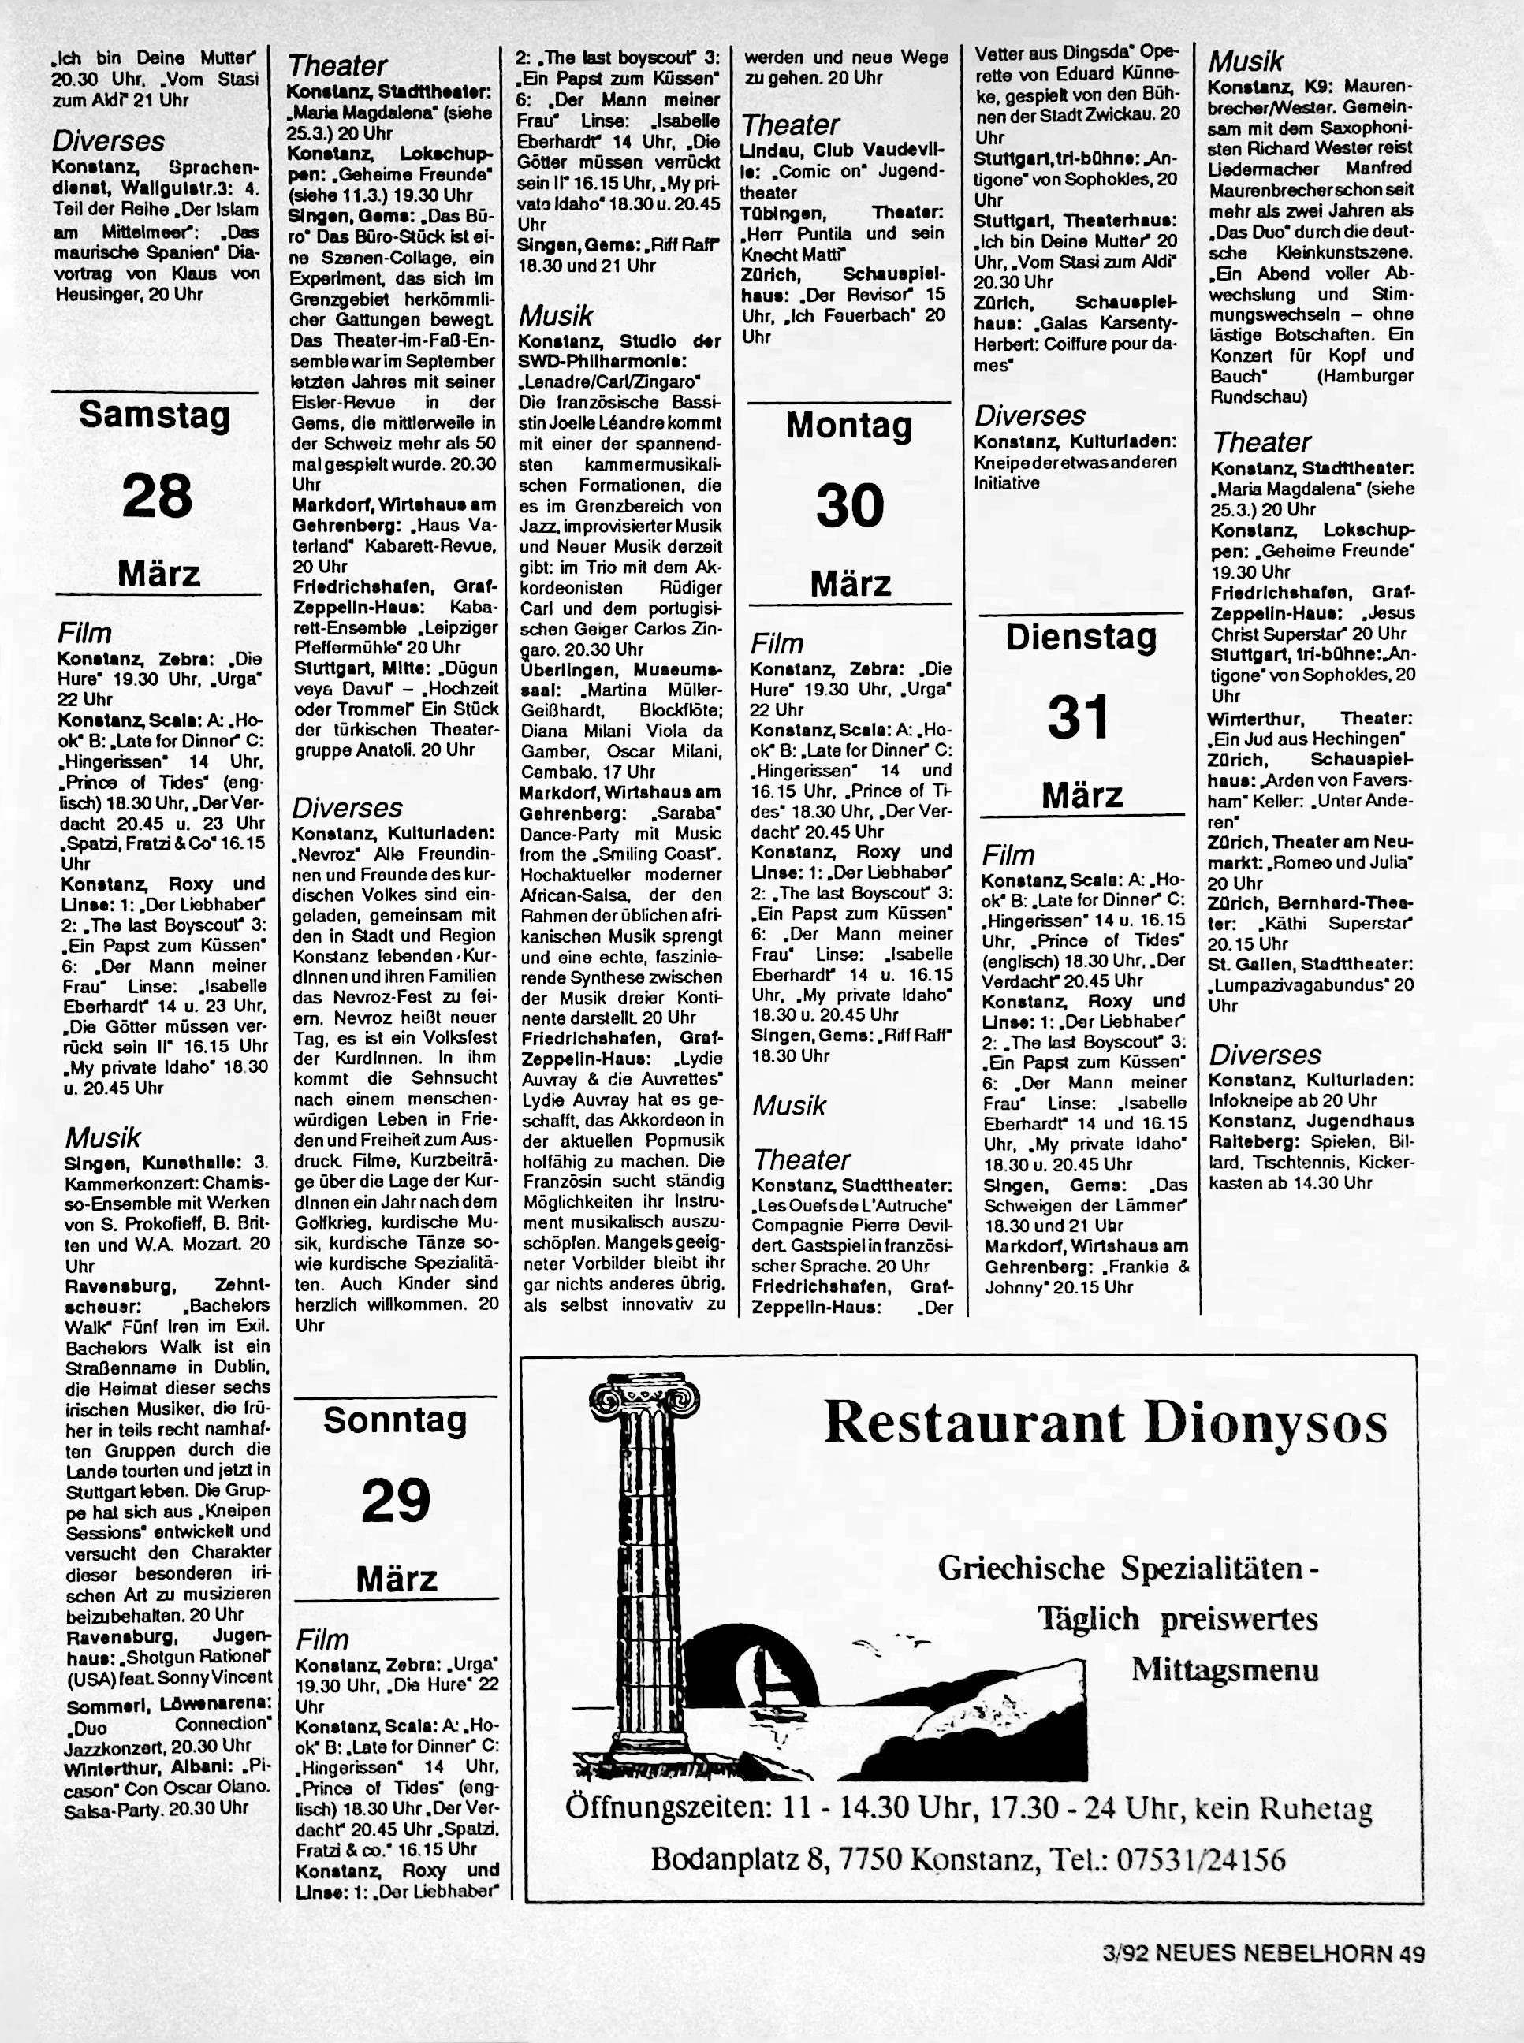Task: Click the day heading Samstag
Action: pyautogui.click(x=155, y=416)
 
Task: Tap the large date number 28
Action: pyautogui.click(x=157, y=497)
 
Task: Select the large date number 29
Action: pyautogui.click(x=396, y=1501)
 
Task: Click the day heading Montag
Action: pyautogui.click(x=848, y=426)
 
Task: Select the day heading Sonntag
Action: pyautogui.click(x=395, y=1420)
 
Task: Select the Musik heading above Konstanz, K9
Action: pyautogui.click(x=1246, y=61)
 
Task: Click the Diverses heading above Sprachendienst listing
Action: pyautogui.click(x=108, y=141)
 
